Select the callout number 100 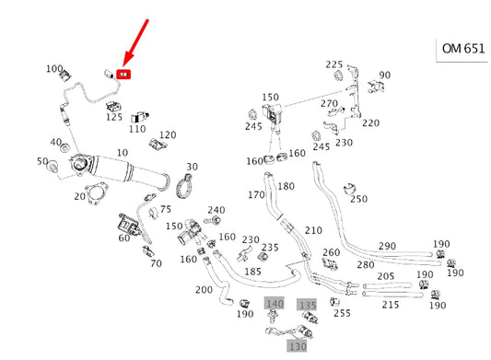(x=54, y=69)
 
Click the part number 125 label (x=114, y=117)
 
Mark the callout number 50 (x=41, y=162)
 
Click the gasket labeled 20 (x=94, y=195)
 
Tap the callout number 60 (x=123, y=238)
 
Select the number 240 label (x=216, y=210)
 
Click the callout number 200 (x=204, y=289)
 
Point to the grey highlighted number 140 (x=275, y=304)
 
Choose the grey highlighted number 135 (x=308, y=304)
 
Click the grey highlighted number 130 (x=297, y=346)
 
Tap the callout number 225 (x=333, y=64)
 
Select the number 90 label (x=384, y=75)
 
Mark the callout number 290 (x=387, y=247)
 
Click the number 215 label (x=391, y=304)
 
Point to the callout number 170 (x=256, y=194)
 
